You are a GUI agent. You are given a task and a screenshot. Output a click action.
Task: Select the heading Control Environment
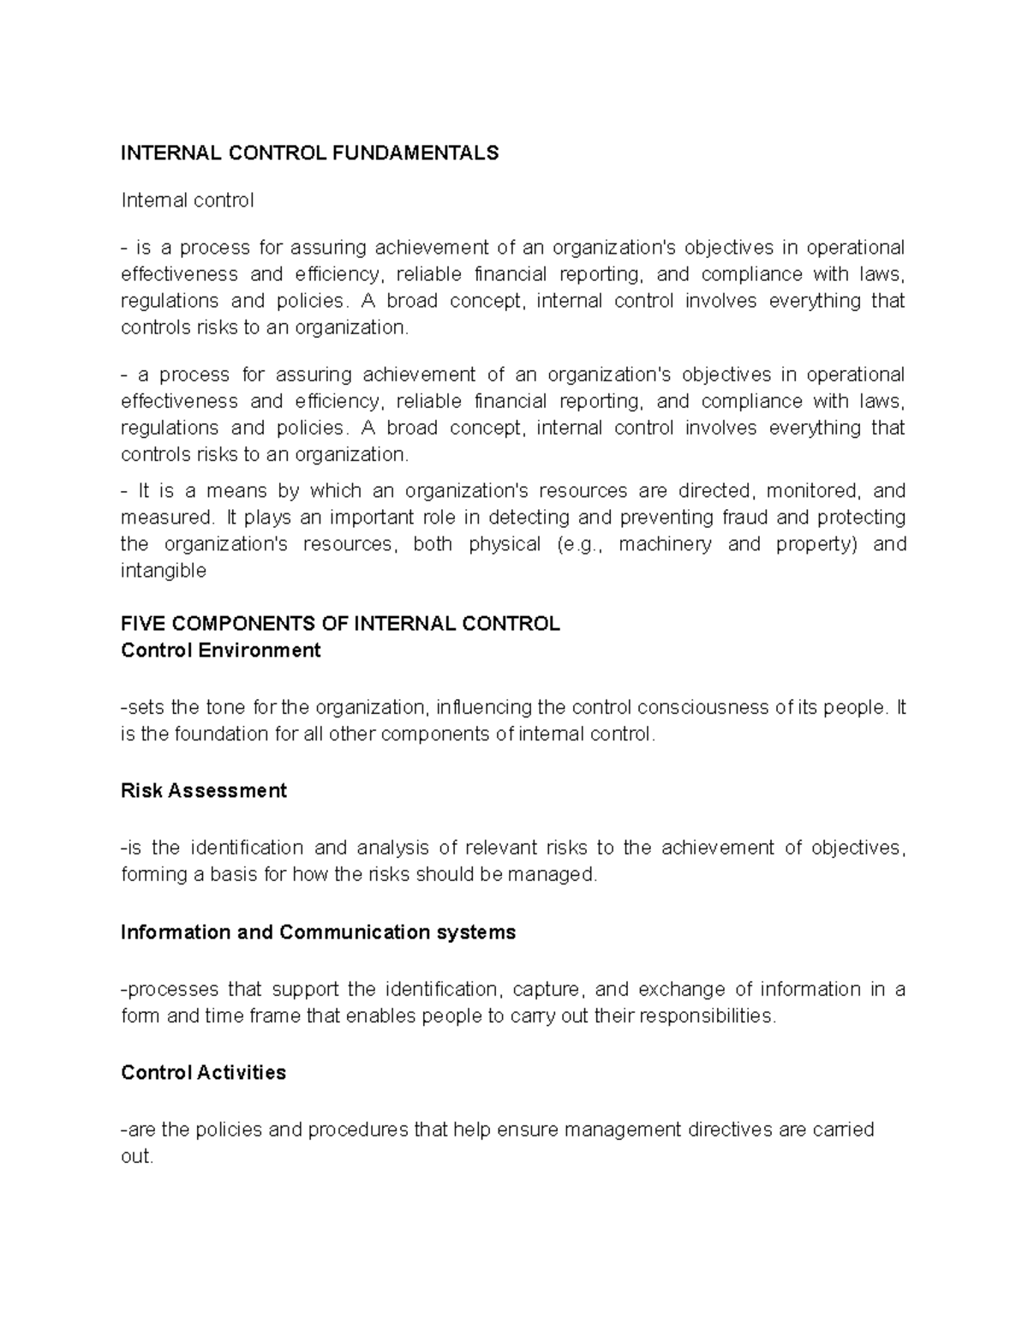coord(221,651)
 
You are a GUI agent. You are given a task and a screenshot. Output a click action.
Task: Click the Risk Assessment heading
coord(204,791)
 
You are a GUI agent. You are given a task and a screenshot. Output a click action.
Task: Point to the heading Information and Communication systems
coord(319,932)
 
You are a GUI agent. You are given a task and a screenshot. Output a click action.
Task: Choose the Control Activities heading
coord(204,1073)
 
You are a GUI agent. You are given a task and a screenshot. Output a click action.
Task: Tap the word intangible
coord(164,572)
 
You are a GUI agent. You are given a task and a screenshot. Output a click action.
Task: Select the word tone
coord(225,708)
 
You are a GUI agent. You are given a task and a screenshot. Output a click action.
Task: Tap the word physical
coord(505,545)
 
